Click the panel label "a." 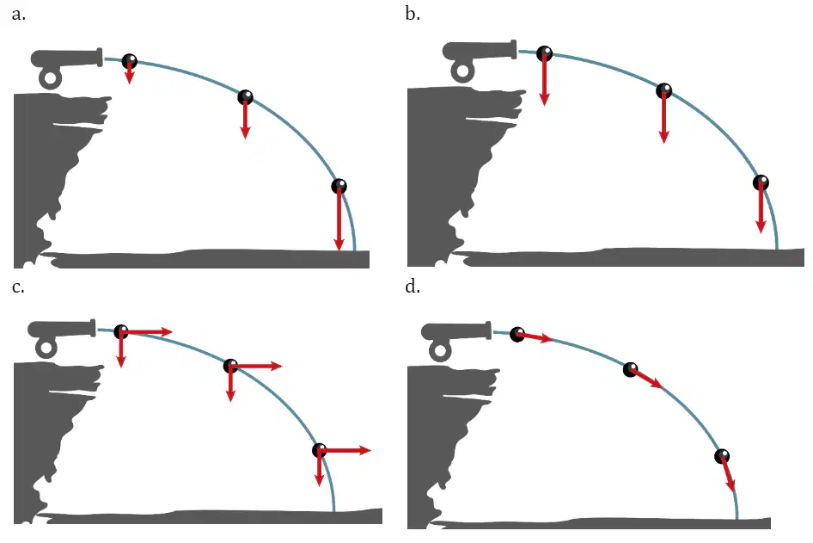pos(19,15)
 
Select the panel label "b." pos(413,14)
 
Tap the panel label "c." pos(18,287)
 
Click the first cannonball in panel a pos(130,61)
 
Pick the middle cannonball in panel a pos(245,97)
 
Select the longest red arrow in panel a pos(339,218)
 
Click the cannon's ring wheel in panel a pos(51,79)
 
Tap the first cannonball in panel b pos(544,53)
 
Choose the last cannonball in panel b pos(761,182)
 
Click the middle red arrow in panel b pos(663,117)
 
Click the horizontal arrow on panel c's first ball pos(147,331)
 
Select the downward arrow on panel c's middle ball pos(230,384)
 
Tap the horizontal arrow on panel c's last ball pos(345,450)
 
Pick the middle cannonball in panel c pos(230,366)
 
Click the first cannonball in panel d pos(517,334)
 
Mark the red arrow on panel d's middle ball pos(646,379)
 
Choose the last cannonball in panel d pos(722,456)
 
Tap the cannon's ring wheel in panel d pos(440,351)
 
